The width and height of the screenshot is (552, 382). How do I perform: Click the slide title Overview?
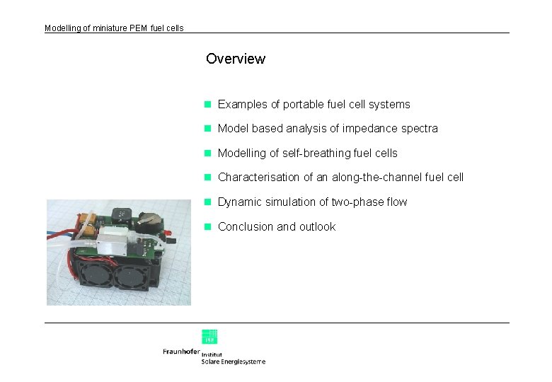click(x=235, y=59)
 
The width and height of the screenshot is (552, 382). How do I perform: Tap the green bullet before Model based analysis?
click(x=208, y=129)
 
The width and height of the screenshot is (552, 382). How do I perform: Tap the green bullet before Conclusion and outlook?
click(x=208, y=227)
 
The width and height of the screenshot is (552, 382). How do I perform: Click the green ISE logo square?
click(x=209, y=336)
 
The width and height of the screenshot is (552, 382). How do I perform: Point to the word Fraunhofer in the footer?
click(x=181, y=352)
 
